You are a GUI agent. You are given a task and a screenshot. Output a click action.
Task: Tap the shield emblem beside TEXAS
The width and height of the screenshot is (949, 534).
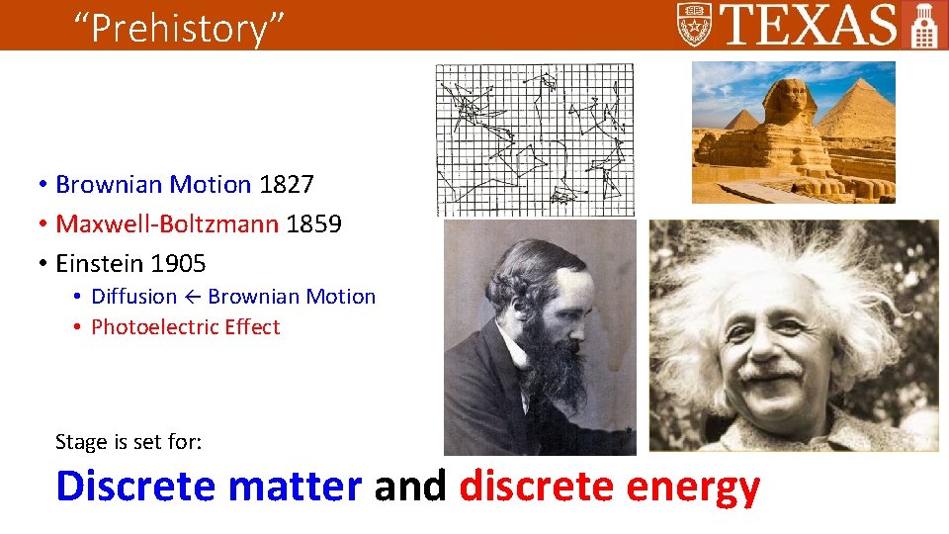pyautogui.click(x=694, y=24)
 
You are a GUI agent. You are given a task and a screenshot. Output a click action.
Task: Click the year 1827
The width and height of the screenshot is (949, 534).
pyautogui.click(x=286, y=185)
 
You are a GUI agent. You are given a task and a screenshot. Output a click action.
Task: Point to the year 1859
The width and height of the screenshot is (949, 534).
pyautogui.click(x=313, y=224)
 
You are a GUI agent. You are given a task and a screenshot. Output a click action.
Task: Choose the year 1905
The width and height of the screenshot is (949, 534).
pyautogui.click(x=178, y=264)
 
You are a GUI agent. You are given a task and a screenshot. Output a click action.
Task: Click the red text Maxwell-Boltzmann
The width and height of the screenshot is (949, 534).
pyautogui.click(x=167, y=224)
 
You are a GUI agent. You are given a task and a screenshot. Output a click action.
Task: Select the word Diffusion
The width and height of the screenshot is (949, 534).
pyautogui.click(x=133, y=297)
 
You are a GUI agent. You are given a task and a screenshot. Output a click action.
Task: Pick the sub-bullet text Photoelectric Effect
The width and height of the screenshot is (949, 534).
pyautogui.click(x=186, y=327)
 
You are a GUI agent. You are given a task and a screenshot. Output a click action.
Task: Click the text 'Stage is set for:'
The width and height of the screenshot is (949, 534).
pyautogui.click(x=129, y=441)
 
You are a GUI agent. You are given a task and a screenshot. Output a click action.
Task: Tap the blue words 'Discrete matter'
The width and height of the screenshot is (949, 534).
pyautogui.click(x=209, y=487)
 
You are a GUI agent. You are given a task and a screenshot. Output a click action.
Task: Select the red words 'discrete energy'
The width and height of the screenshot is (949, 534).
pyautogui.click(x=609, y=487)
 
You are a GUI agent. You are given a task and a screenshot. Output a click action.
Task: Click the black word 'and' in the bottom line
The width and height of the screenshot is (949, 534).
pyautogui.click(x=410, y=487)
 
